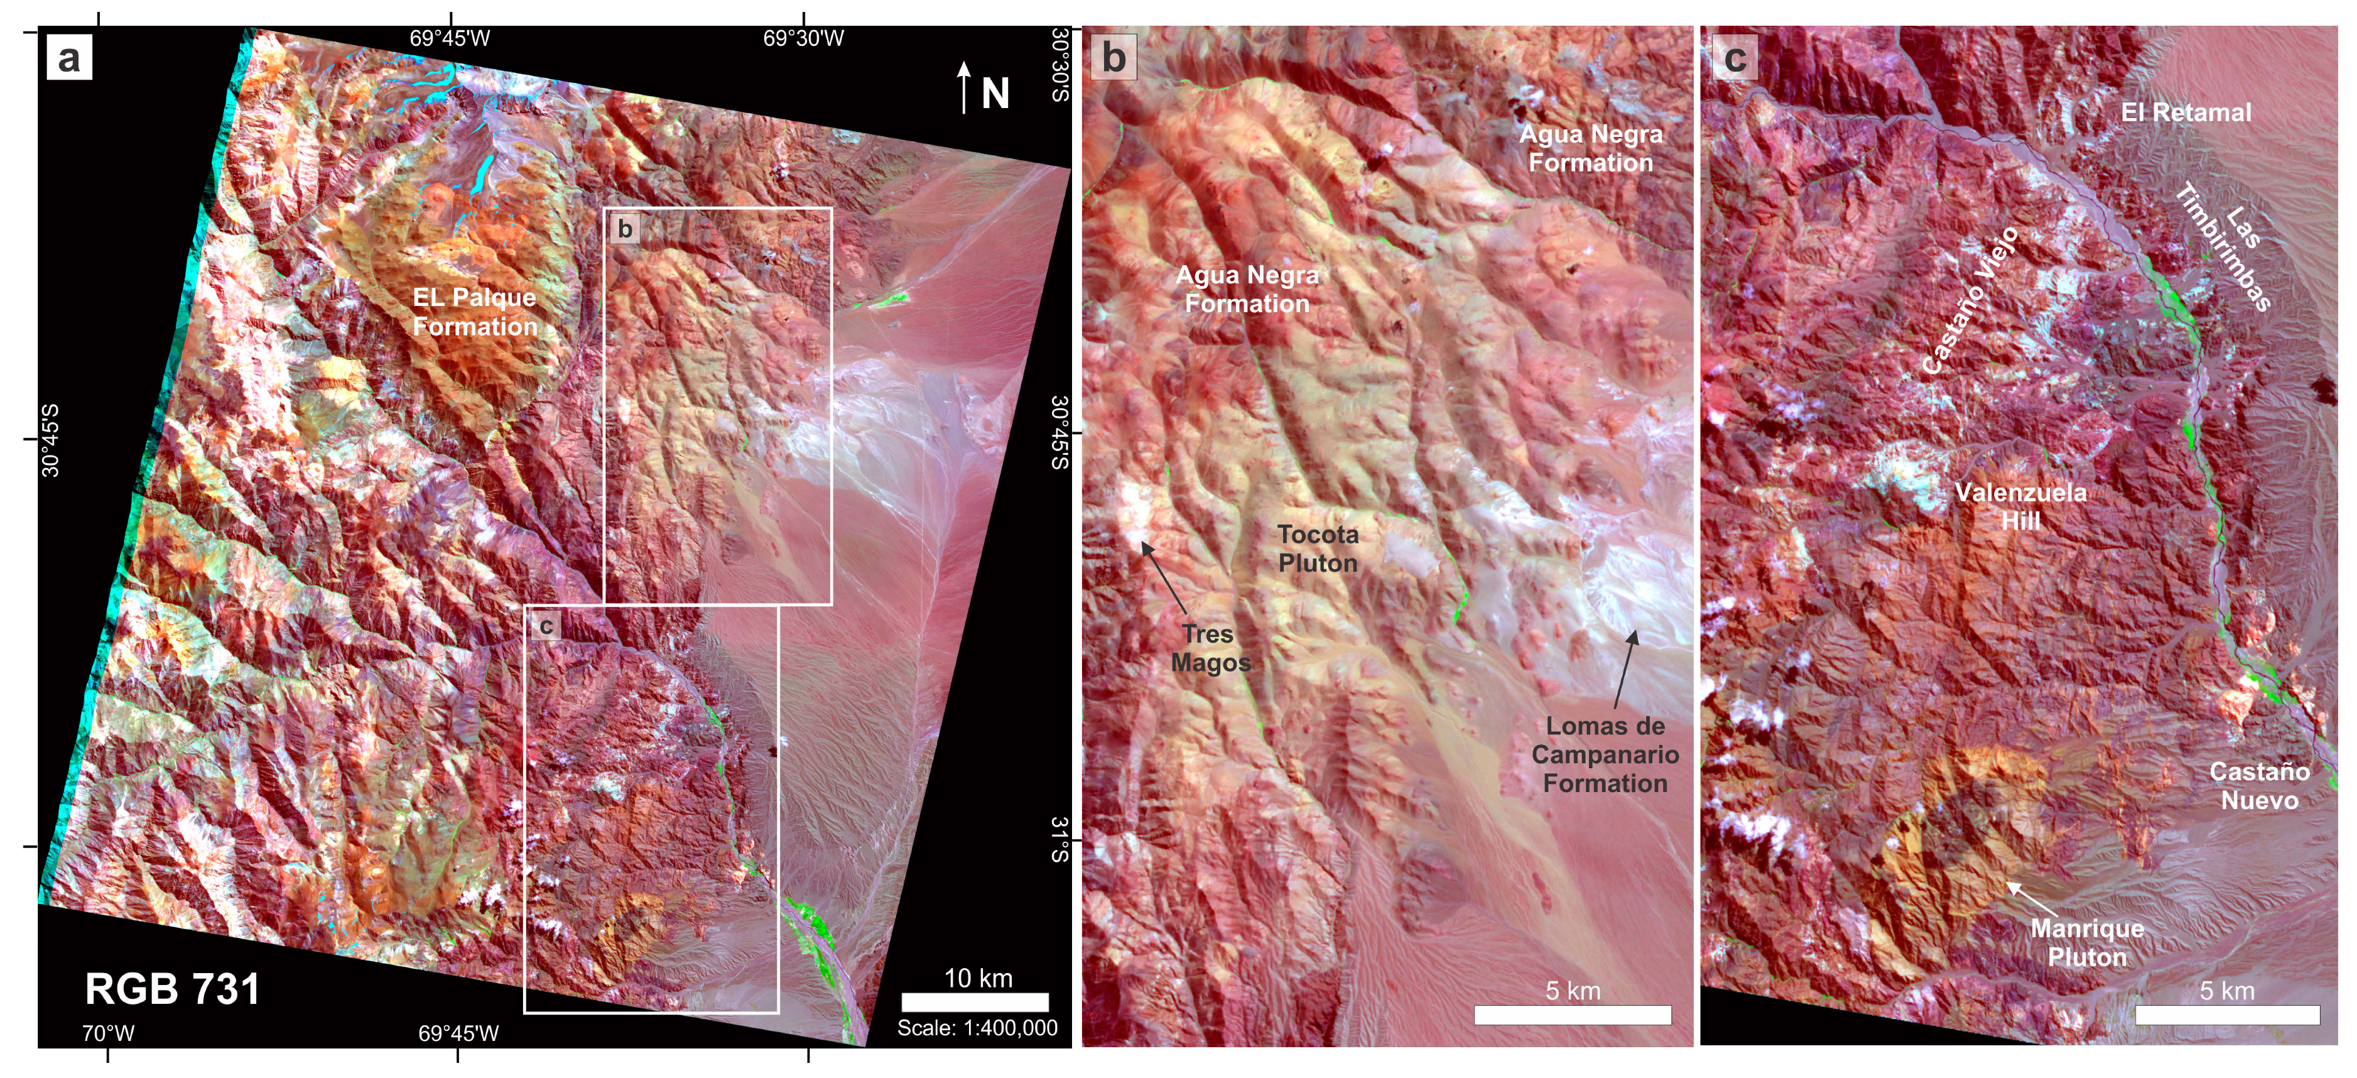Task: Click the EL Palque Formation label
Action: tap(475, 312)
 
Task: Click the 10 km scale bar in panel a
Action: tap(975, 1002)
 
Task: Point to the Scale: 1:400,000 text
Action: tap(977, 1028)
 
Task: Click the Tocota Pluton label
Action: tap(1318, 548)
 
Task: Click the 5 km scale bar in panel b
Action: tap(1572, 1015)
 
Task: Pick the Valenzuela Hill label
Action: tap(2020, 506)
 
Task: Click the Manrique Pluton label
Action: tap(2086, 942)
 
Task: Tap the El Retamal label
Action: tap(2186, 112)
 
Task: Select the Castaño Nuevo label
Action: tap(2259, 786)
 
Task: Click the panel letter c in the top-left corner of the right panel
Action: tap(1734, 58)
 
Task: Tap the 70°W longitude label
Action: tap(108, 1033)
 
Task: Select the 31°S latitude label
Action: tap(1059, 840)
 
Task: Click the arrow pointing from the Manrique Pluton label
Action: tap(2031, 898)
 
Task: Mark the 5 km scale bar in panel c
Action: tap(2227, 1015)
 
